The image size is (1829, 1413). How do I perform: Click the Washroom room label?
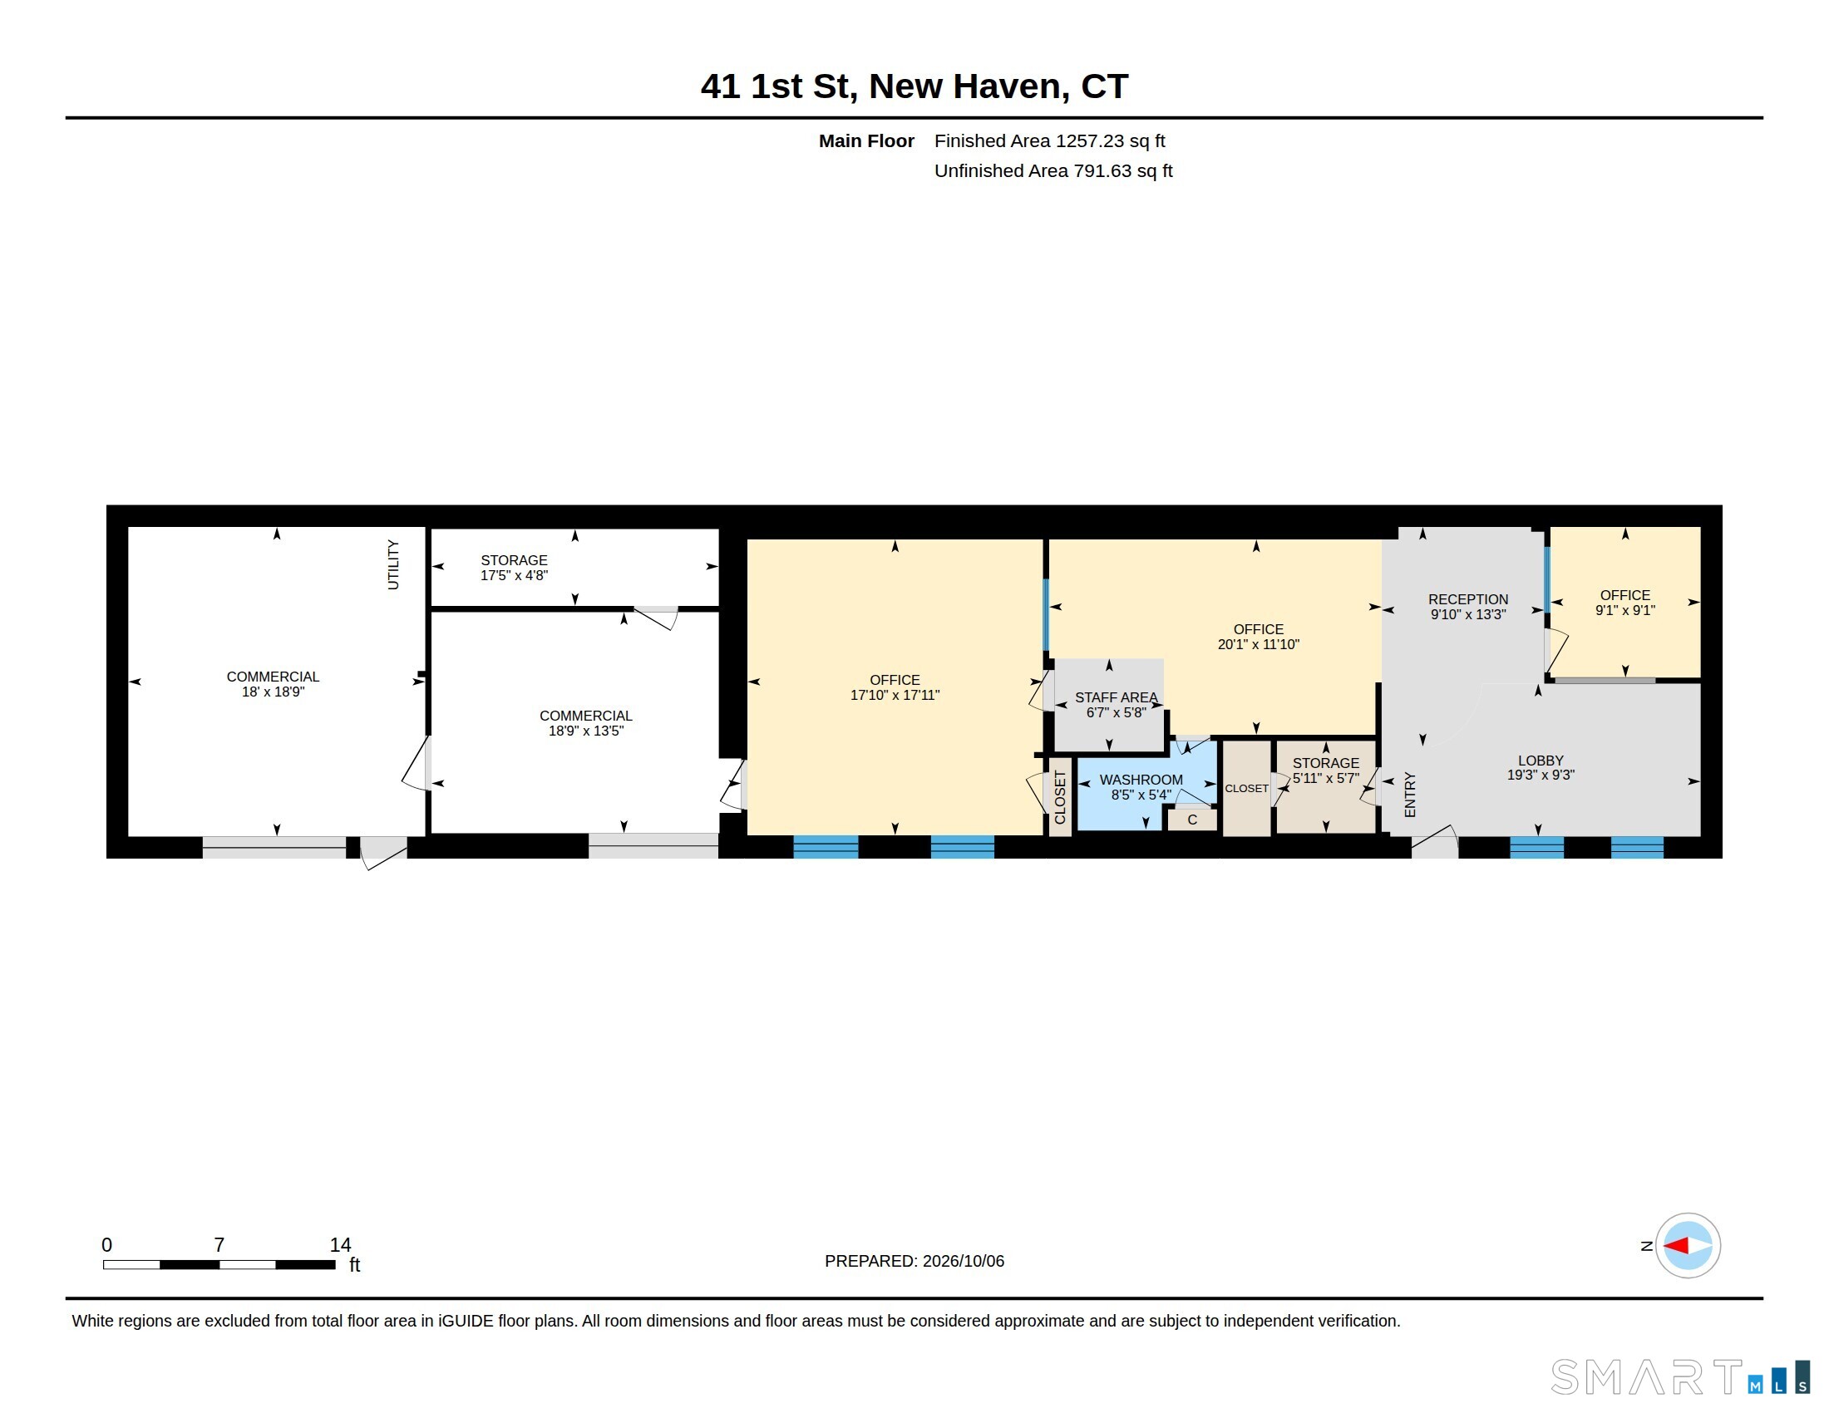1141,780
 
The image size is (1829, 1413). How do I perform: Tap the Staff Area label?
1116,697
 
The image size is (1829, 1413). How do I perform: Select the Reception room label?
1468,599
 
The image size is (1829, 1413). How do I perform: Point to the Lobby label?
1540,760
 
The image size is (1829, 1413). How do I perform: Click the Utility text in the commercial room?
392,564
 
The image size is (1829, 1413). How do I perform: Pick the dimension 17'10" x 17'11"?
895,695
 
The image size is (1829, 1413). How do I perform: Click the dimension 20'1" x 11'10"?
1258,643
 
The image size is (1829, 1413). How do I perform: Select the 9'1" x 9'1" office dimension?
1624,610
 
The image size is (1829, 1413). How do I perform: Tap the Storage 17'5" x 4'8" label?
513,568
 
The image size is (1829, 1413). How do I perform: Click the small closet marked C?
1191,820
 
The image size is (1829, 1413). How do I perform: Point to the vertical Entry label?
1409,795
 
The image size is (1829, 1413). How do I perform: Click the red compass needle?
1675,1246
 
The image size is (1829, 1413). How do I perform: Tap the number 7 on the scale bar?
219,1245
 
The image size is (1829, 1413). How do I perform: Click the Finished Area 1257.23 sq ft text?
1049,140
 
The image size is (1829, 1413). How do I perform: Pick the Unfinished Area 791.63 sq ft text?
1053,170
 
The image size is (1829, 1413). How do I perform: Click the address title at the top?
915,86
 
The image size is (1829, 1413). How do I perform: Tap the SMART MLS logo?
1680,1377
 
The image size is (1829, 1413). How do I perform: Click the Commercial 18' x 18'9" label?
272,684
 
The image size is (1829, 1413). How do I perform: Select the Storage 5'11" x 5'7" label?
1325,771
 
